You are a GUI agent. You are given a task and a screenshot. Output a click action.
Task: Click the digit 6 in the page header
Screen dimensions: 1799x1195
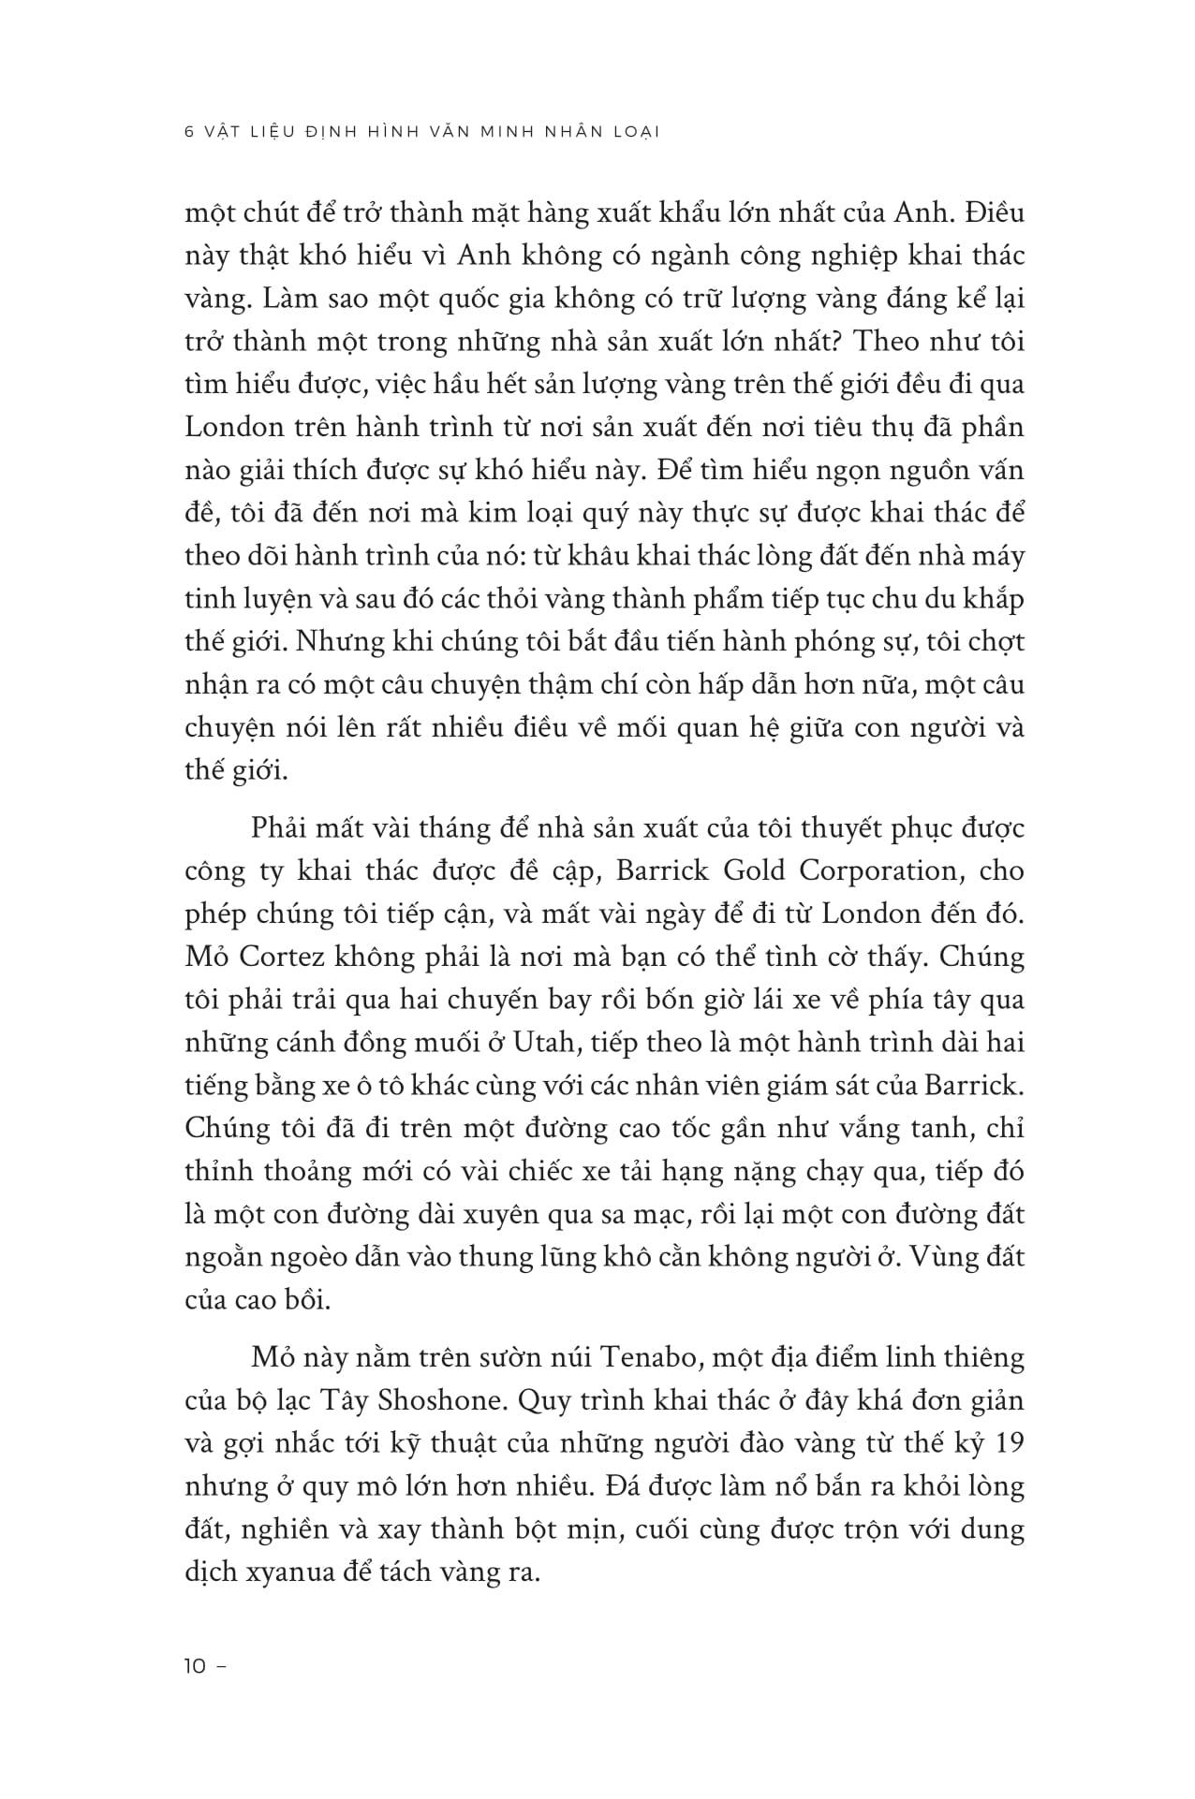[x=190, y=132]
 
